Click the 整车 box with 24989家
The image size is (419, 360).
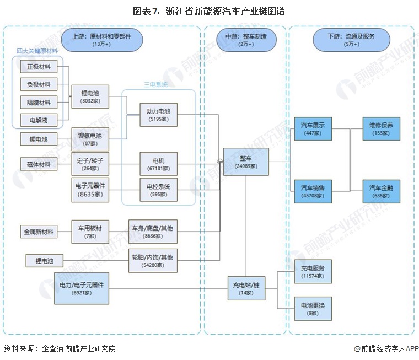245,162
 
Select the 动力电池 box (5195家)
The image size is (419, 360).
158,115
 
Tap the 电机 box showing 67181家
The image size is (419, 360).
158,164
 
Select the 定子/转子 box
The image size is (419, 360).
90,164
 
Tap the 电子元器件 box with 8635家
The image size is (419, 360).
90,190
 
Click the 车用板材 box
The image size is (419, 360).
90,232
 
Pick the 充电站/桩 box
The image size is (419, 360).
245,288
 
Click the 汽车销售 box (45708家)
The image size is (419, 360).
313,192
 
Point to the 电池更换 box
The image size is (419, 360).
313,308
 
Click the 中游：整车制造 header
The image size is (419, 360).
245,39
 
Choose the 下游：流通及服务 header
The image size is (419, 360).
351,39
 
